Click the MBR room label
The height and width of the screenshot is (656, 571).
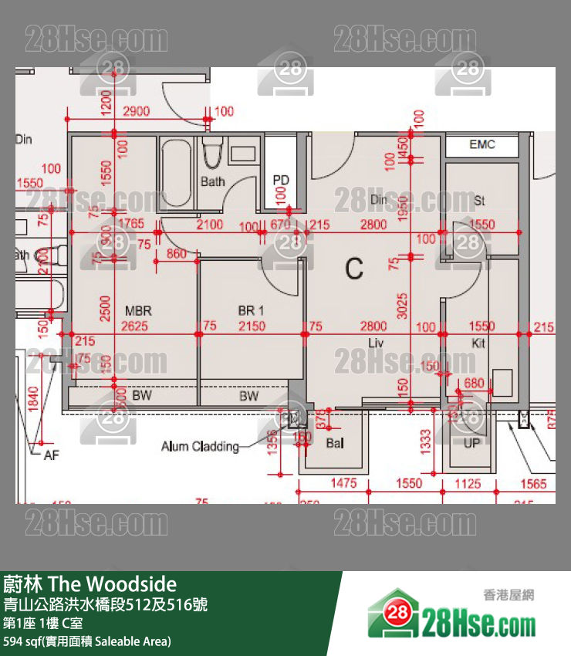coord(138,311)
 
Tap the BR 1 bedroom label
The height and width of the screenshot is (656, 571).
coord(251,311)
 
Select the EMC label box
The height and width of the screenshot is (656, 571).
coord(482,144)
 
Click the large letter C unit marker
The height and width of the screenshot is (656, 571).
coord(354,269)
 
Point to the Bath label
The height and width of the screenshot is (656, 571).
coord(213,182)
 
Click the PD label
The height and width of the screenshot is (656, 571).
coord(281,181)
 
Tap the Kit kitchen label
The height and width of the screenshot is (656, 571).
coord(478,343)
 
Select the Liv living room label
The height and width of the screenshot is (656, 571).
coord(377,343)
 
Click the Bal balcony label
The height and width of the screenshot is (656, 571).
coord(334,443)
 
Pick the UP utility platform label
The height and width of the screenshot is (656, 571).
coord(472,443)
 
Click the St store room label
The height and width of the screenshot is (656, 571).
coord(479,201)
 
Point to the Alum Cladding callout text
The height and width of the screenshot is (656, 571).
coord(200,446)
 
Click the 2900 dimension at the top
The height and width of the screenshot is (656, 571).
coord(136,112)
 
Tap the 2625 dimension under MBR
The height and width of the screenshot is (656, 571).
coord(136,326)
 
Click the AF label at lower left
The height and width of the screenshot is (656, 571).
coord(51,456)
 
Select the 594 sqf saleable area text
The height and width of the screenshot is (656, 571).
coord(86,641)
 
